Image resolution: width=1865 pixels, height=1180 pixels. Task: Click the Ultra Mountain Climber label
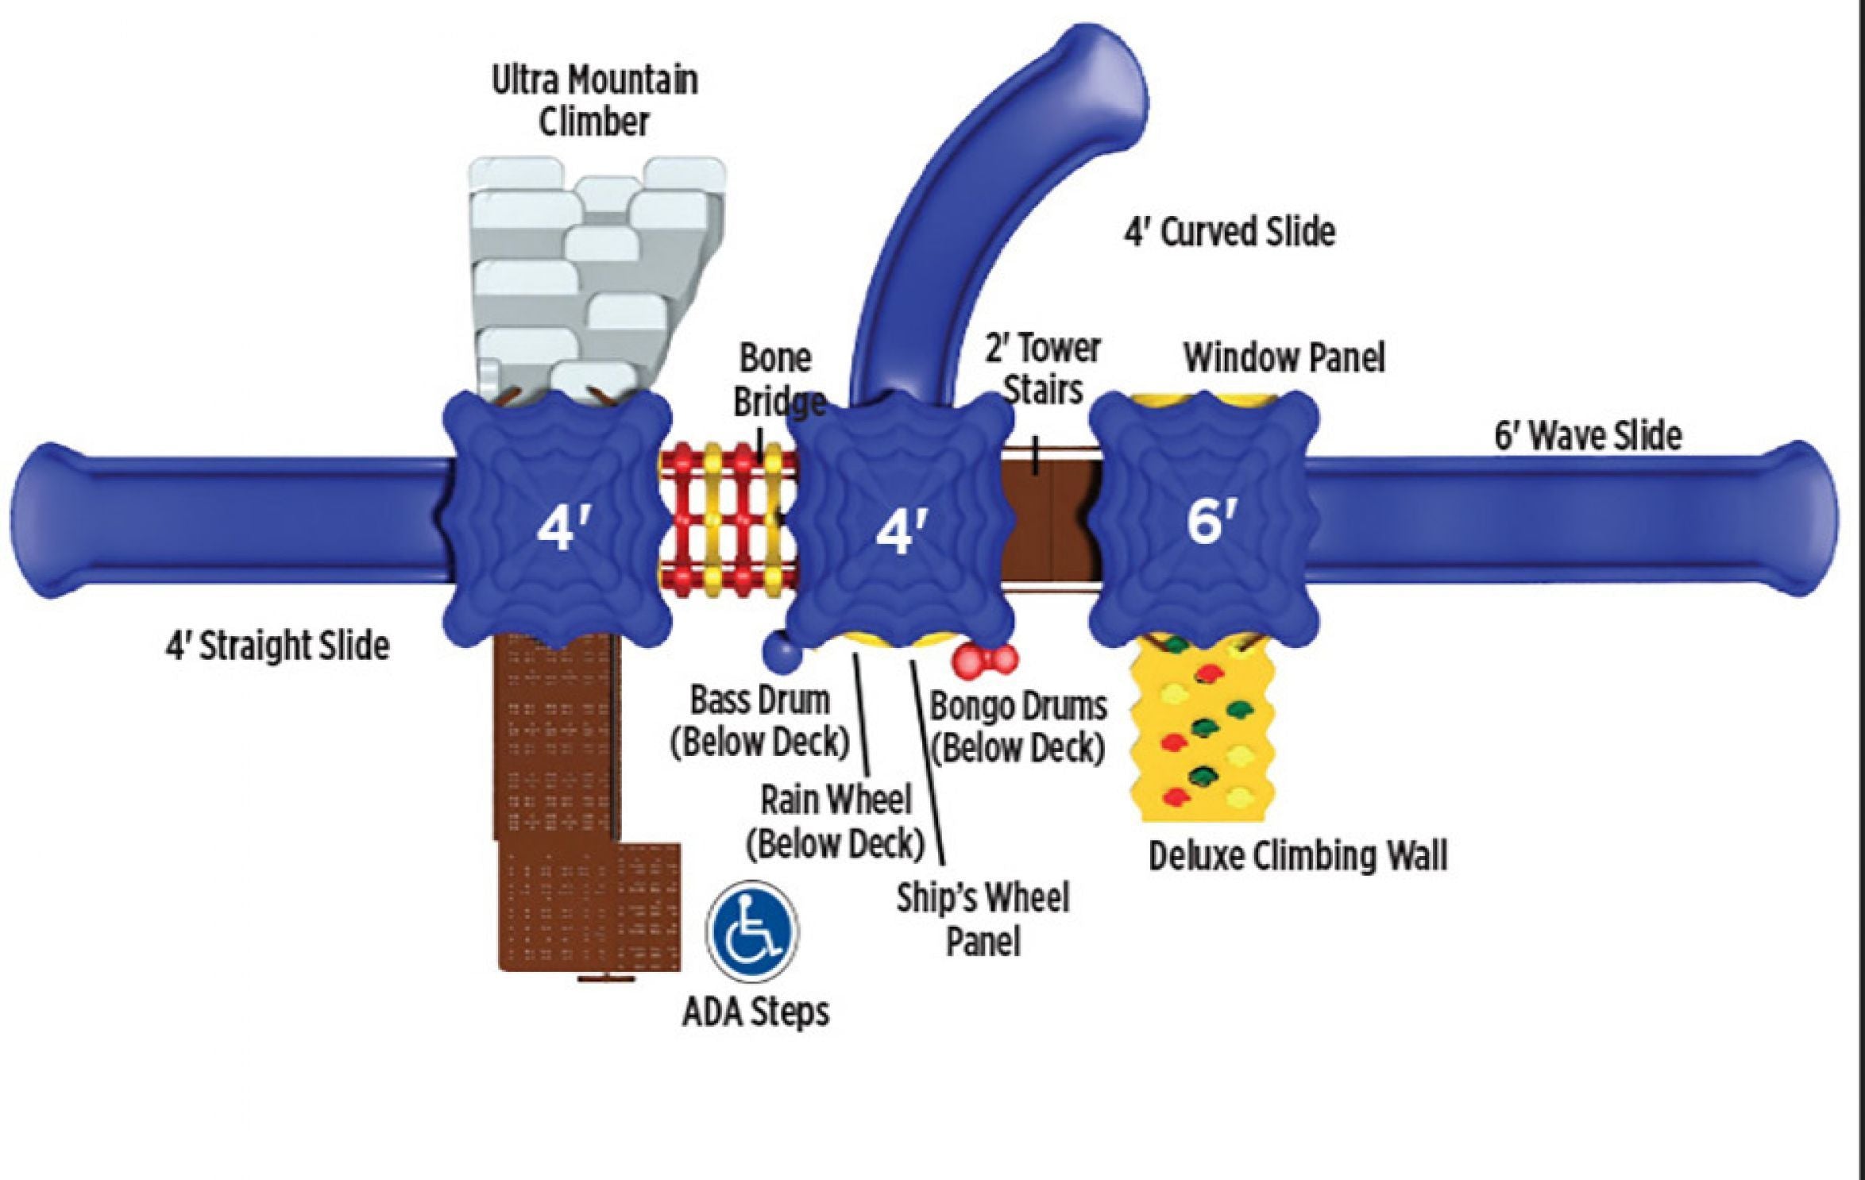tap(594, 102)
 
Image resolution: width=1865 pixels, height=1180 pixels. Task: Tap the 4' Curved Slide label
tap(1229, 232)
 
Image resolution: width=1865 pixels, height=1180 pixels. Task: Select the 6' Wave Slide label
tap(1588, 436)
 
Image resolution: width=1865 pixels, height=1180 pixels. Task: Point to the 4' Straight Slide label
tap(277, 646)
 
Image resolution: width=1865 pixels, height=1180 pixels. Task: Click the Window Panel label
tap(1284, 358)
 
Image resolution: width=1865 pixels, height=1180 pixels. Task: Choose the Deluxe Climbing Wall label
tap(1298, 856)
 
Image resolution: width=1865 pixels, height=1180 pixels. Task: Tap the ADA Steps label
tap(755, 1012)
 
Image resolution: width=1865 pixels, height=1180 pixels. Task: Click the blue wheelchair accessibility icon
tap(752, 929)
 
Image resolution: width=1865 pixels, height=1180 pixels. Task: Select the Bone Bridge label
tap(776, 380)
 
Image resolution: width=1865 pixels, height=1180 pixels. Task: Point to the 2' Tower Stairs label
tap(1043, 369)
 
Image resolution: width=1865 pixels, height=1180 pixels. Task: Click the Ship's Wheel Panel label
tap(983, 920)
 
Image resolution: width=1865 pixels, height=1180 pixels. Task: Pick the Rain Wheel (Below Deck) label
tap(836, 822)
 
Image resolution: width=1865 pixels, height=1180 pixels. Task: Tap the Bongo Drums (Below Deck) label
tap(1017, 727)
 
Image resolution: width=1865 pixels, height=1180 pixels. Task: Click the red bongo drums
tap(984, 658)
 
